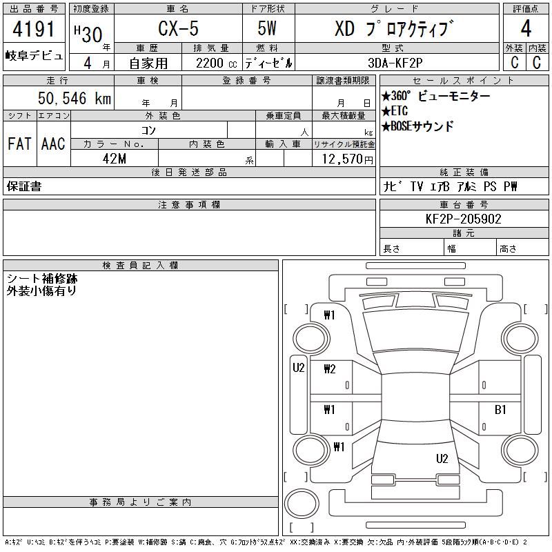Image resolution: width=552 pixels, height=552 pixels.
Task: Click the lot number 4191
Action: coord(34,29)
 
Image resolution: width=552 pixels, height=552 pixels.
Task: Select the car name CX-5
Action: coord(178,28)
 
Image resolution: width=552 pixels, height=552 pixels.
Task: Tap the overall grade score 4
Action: coord(526,28)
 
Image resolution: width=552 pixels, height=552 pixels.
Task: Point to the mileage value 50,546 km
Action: coord(75,98)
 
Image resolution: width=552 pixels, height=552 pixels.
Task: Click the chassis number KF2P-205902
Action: coord(463,219)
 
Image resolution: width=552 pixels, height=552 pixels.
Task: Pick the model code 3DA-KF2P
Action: coord(395,63)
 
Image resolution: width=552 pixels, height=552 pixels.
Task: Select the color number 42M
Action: coord(115,159)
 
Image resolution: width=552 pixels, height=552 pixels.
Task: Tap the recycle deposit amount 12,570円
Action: coord(347,159)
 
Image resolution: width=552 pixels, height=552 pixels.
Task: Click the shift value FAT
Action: coord(19,144)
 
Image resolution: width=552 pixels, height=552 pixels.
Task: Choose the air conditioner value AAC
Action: coord(53,144)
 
